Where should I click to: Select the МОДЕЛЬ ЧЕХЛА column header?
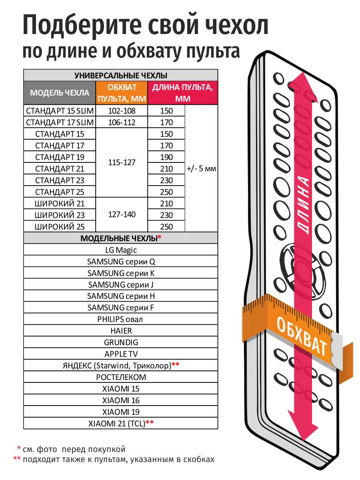60,93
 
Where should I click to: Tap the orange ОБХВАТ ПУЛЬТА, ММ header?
122,93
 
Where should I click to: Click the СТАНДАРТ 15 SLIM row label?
60,111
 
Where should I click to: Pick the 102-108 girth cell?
122,111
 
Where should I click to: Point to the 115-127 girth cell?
122,163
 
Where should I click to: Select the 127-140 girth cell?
122,215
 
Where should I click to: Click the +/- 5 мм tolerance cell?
201,168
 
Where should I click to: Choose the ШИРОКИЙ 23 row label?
60,215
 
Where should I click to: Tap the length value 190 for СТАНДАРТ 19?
166,157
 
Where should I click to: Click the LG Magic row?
121,250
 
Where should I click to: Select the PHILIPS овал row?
121,319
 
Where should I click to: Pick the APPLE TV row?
121,354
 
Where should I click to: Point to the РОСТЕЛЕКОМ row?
121,377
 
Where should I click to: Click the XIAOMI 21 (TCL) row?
121,423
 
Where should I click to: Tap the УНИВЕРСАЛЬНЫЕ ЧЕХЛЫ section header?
121,75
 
